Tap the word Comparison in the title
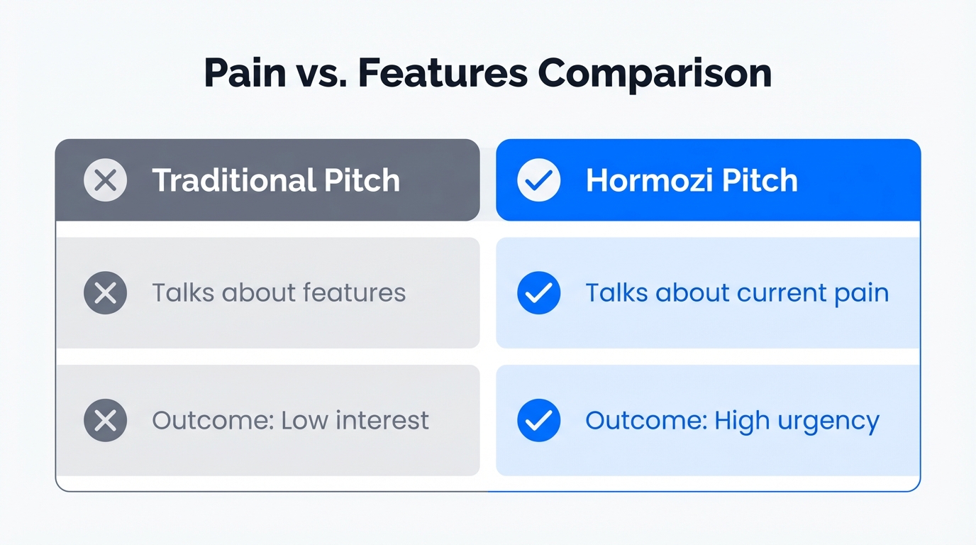coord(655,73)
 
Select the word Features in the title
coord(443,73)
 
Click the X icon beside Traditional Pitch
coord(106,180)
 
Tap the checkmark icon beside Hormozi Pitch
coord(539,180)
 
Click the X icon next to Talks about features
coord(106,293)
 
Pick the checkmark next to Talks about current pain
coord(539,293)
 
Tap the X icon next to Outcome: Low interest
coord(106,421)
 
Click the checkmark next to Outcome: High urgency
coord(539,421)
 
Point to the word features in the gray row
coord(354,293)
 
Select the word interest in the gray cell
coord(382,421)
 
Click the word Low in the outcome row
coord(304,421)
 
